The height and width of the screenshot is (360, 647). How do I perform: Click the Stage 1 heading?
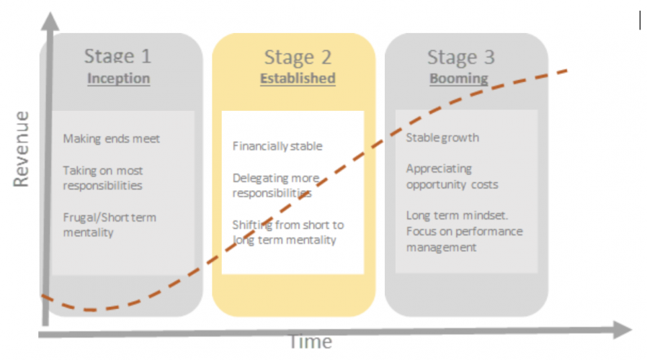tap(118, 56)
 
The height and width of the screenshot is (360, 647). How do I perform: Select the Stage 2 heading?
tap(298, 58)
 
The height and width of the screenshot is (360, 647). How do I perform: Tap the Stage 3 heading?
tap(461, 58)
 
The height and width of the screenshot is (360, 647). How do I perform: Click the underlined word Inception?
tap(118, 78)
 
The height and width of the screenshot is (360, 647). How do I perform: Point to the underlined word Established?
tap(298, 78)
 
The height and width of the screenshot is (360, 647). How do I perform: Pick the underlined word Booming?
tap(459, 78)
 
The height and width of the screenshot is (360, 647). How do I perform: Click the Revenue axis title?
tap(21, 149)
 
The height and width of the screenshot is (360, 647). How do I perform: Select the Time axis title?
tap(311, 342)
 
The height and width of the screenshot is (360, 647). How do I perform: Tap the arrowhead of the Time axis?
tap(623, 330)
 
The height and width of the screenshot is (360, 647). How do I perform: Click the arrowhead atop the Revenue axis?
tap(50, 21)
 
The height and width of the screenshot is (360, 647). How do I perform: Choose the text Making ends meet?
tap(111, 139)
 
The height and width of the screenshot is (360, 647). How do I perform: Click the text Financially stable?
tap(277, 146)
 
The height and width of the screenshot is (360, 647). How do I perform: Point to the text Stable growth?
tap(442, 138)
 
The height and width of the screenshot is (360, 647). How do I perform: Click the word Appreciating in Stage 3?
tap(439, 168)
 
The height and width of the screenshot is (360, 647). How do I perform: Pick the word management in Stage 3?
tap(441, 248)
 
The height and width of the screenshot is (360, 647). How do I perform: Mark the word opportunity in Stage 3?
tap(436, 185)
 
